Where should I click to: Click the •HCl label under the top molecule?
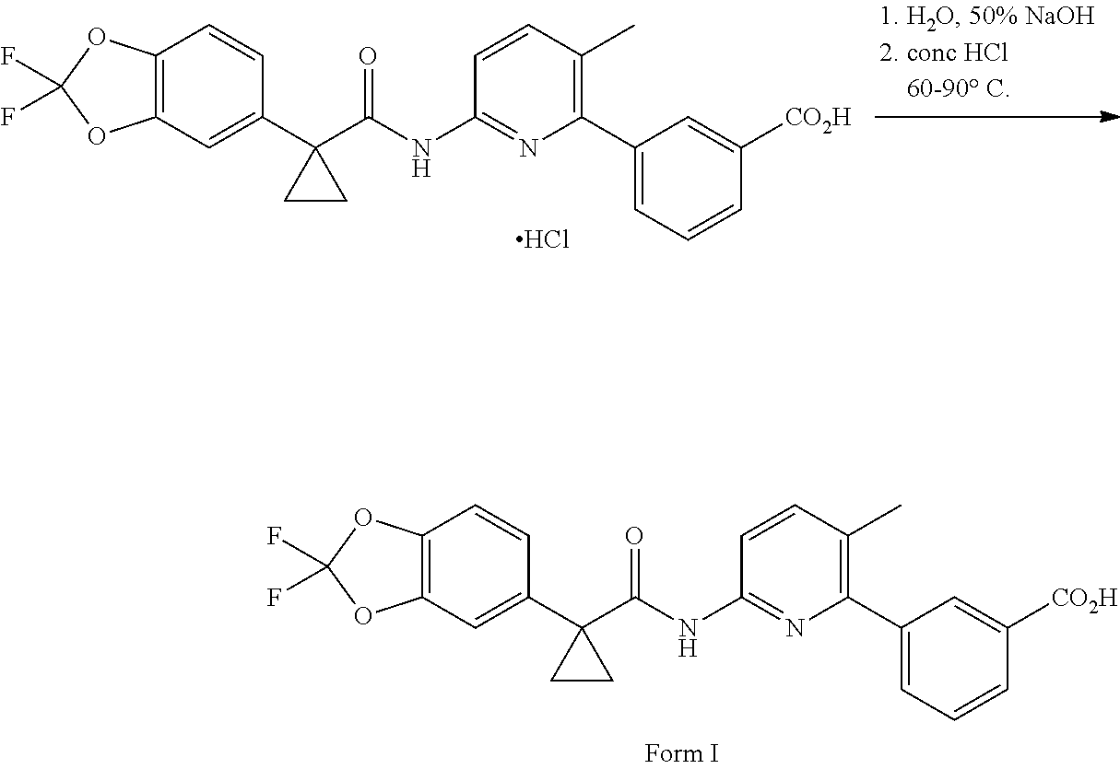(x=543, y=239)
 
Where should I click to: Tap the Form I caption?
(x=681, y=753)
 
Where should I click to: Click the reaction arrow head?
(x=1110, y=117)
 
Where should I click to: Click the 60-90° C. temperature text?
(x=958, y=89)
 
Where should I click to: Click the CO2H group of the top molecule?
(x=818, y=119)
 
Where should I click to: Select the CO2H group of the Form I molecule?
(x=1084, y=598)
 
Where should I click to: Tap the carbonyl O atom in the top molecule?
(x=368, y=56)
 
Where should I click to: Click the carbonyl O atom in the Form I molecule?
(x=634, y=536)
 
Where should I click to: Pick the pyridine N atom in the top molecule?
(x=528, y=148)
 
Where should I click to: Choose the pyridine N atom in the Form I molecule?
(x=795, y=628)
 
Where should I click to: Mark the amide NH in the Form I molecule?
(x=688, y=637)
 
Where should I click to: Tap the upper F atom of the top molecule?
(x=7, y=56)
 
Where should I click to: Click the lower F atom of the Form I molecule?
(x=274, y=597)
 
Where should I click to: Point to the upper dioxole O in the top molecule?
(x=97, y=38)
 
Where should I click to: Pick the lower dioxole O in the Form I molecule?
(x=363, y=615)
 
